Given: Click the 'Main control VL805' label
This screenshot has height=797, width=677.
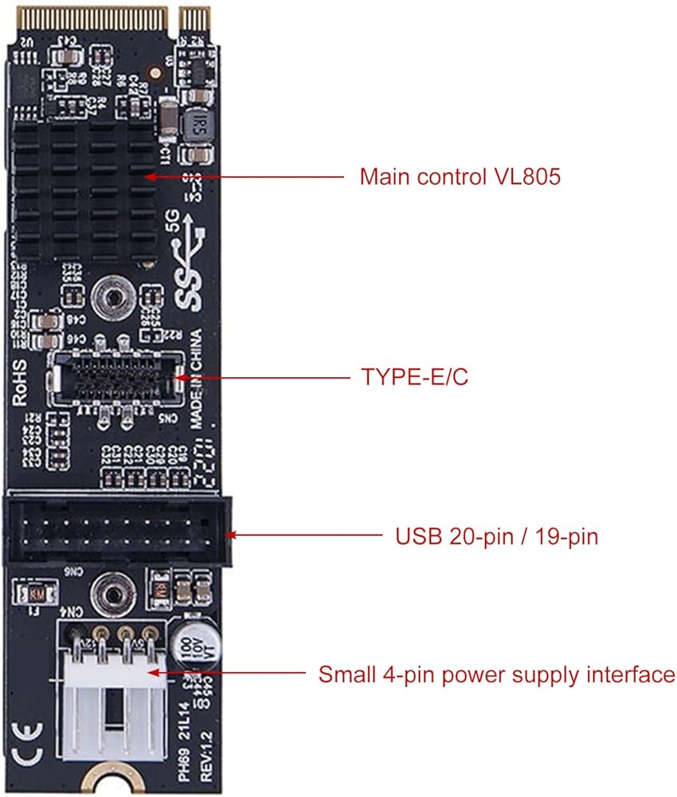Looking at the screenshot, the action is (460, 176).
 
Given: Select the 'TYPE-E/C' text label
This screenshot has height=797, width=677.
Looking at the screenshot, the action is (414, 377).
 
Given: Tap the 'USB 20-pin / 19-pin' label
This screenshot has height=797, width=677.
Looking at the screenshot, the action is (496, 536).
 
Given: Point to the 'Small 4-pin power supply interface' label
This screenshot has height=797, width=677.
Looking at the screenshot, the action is (496, 675).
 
